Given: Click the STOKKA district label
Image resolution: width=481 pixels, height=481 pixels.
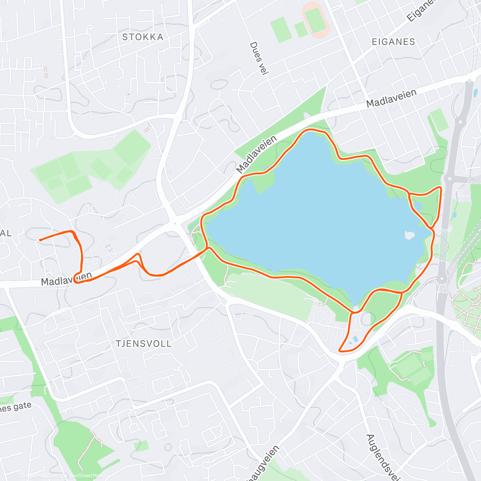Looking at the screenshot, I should coord(143,37).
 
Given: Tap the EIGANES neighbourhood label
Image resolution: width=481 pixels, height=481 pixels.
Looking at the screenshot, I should coord(393,42).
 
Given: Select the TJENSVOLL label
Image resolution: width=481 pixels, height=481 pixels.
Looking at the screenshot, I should coord(143,344).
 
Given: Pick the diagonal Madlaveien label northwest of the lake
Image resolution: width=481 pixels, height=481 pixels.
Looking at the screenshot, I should coord(257,154).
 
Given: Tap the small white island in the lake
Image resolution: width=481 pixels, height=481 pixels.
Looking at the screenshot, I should coord(409,235).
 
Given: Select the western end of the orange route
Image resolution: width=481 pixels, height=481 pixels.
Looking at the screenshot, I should coord(39,240).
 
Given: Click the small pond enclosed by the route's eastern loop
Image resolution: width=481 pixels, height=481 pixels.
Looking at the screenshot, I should coord(418,206).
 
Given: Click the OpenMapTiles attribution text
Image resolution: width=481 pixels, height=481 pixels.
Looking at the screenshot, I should coord(42,476).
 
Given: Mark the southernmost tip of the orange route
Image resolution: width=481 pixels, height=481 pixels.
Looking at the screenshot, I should coord(340,351).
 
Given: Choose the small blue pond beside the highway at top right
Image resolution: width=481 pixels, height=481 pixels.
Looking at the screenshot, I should coord(475,93).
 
